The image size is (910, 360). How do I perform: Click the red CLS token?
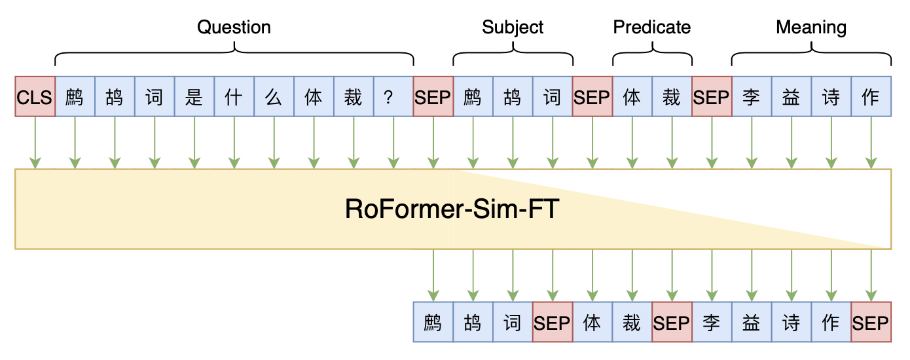click(35, 97)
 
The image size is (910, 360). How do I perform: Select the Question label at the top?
click(234, 27)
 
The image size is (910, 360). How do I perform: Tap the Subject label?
click(513, 27)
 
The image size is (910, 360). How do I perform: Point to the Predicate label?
click(651, 27)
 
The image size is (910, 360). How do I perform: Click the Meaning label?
click(811, 27)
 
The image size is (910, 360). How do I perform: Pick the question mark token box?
click(393, 97)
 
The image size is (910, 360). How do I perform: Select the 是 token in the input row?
click(194, 97)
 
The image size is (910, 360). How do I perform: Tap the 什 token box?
click(234, 97)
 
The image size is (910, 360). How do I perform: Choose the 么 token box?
click(274, 97)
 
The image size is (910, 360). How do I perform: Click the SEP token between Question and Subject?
click(433, 97)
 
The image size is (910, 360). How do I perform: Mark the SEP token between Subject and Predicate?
click(592, 97)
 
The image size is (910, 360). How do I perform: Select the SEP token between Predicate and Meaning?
click(712, 97)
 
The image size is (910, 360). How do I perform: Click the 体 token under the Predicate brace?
click(632, 97)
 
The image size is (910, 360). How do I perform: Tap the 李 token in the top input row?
click(751, 97)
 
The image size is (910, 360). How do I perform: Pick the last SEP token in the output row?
click(871, 322)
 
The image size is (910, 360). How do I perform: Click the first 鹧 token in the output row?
click(433, 322)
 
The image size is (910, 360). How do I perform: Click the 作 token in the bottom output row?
click(831, 322)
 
